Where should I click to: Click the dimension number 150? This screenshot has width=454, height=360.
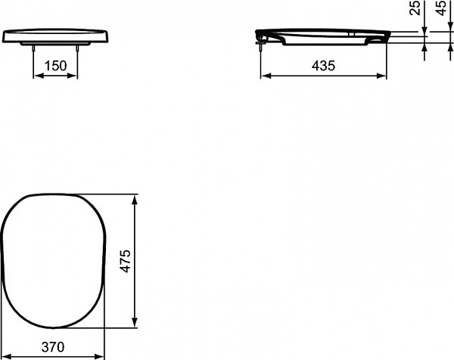coord(55,65)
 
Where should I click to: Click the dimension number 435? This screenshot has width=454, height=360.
coord(323,65)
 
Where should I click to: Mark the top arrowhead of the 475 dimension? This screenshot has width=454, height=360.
coord(135,199)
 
